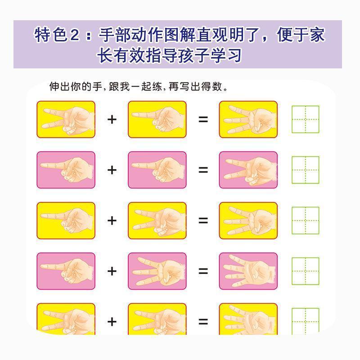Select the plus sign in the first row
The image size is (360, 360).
(x=112, y=119)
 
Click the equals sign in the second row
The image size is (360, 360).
(x=203, y=170)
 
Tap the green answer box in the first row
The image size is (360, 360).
(x=306, y=119)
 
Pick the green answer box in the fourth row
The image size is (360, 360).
(x=306, y=271)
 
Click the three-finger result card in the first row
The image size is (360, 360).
(x=248, y=119)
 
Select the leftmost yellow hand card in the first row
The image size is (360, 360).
(x=66, y=119)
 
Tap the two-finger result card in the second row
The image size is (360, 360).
(x=248, y=170)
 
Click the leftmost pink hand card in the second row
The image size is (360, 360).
(x=66, y=170)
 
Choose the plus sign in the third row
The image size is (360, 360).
(x=112, y=220)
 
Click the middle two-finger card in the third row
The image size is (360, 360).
(x=157, y=220)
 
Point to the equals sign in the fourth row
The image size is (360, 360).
(x=203, y=271)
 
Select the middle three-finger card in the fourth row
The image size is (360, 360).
(x=157, y=271)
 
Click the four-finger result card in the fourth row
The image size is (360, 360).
(x=248, y=271)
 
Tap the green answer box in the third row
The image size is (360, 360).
(x=306, y=220)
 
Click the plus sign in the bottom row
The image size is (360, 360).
(x=112, y=321)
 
